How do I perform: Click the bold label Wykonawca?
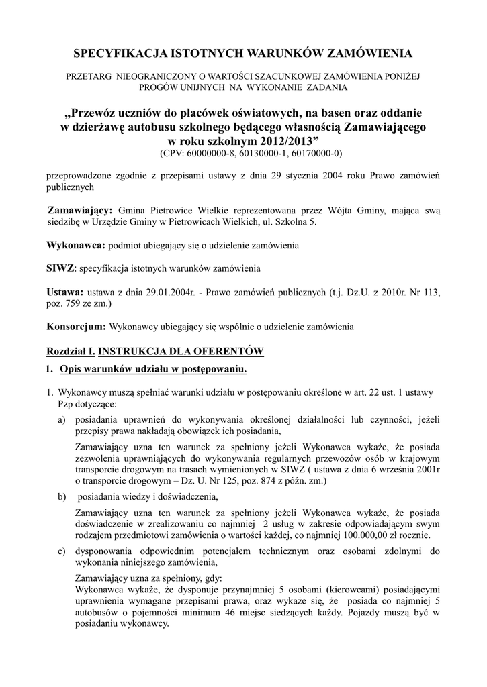point(74,246)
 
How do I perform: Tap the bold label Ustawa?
point(64,293)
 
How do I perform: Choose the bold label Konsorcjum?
point(76,327)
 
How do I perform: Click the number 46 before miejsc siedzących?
point(190,613)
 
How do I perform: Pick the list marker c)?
point(61,551)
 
